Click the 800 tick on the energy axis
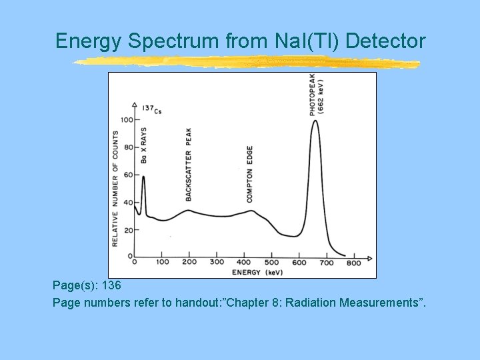click(x=354, y=263)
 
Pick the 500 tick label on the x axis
click(x=271, y=263)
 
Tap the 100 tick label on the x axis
click(x=162, y=263)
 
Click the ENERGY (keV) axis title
click(x=257, y=273)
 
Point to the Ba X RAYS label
click(x=143, y=145)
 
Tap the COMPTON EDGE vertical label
click(x=249, y=174)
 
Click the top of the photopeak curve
click(x=315, y=121)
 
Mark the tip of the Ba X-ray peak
click(x=143, y=176)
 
